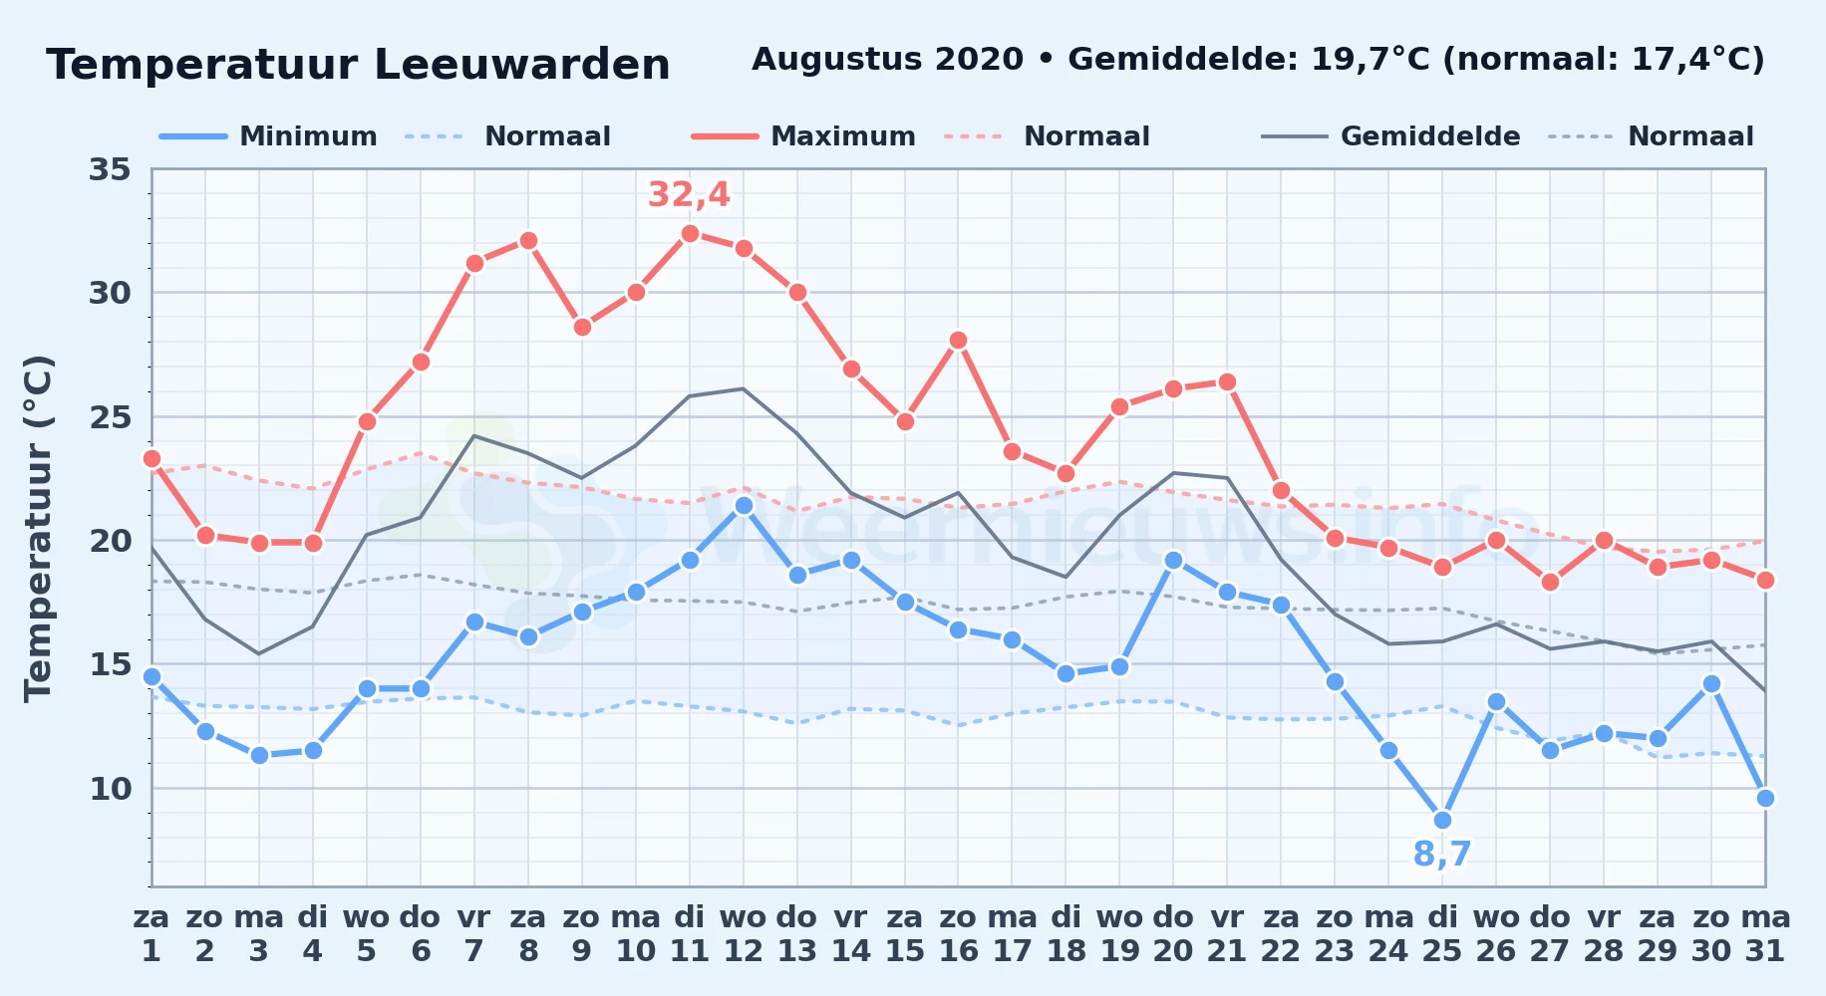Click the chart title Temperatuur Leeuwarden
(359, 65)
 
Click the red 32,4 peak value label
(689, 194)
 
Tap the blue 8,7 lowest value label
(1442, 854)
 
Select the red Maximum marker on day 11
(690, 233)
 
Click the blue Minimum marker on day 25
(1442, 820)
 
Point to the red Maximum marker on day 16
(958, 340)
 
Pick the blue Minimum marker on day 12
(744, 505)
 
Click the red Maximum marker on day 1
(152, 458)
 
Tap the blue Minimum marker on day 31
(1765, 798)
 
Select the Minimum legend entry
(268, 136)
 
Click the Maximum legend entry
(803, 136)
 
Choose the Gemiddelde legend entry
(1390, 136)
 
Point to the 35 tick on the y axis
(110, 169)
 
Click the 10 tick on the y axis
(110, 789)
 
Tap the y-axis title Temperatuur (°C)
(38, 528)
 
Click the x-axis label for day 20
(1173, 933)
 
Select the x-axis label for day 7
(474, 933)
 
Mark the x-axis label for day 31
(1765, 933)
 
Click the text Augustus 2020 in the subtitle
(887, 60)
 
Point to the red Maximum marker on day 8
(528, 240)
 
